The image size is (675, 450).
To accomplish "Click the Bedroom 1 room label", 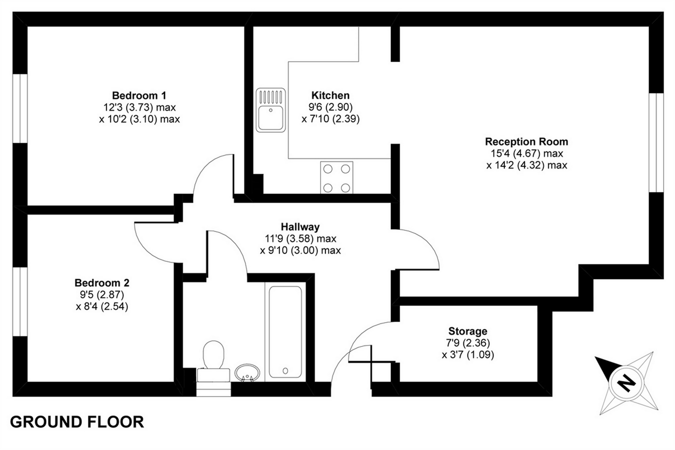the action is pyautogui.click(x=139, y=95).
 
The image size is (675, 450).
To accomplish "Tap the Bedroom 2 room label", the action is pyautogui.click(x=102, y=283).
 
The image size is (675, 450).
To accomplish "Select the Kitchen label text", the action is pyautogui.click(x=330, y=95).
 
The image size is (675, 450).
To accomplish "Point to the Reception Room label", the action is pyautogui.click(x=526, y=141).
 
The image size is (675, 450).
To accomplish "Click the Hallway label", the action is pyautogui.click(x=300, y=227).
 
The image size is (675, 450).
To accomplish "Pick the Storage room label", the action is pyautogui.click(x=467, y=331).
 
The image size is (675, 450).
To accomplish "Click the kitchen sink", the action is pyautogui.click(x=271, y=110).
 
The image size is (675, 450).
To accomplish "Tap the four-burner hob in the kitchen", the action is pyautogui.click(x=336, y=177).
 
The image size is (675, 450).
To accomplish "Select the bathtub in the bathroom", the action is pyautogui.click(x=285, y=331).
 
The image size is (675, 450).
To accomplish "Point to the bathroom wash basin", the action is pyautogui.click(x=247, y=372).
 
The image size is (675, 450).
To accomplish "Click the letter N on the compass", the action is pyautogui.click(x=625, y=382).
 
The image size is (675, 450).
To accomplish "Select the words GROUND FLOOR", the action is pyautogui.click(x=77, y=422).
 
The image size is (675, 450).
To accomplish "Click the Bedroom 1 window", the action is pyautogui.click(x=20, y=108).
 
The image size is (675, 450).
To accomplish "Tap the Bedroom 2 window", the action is pyautogui.click(x=20, y=301).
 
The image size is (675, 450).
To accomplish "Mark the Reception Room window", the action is pyautogui.click(x=656, y=142).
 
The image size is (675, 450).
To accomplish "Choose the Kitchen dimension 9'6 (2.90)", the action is pyautogui.click(x=330, y=107).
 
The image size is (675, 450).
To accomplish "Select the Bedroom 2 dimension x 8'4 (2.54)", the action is pyautogui.click(x=102, y=306).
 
